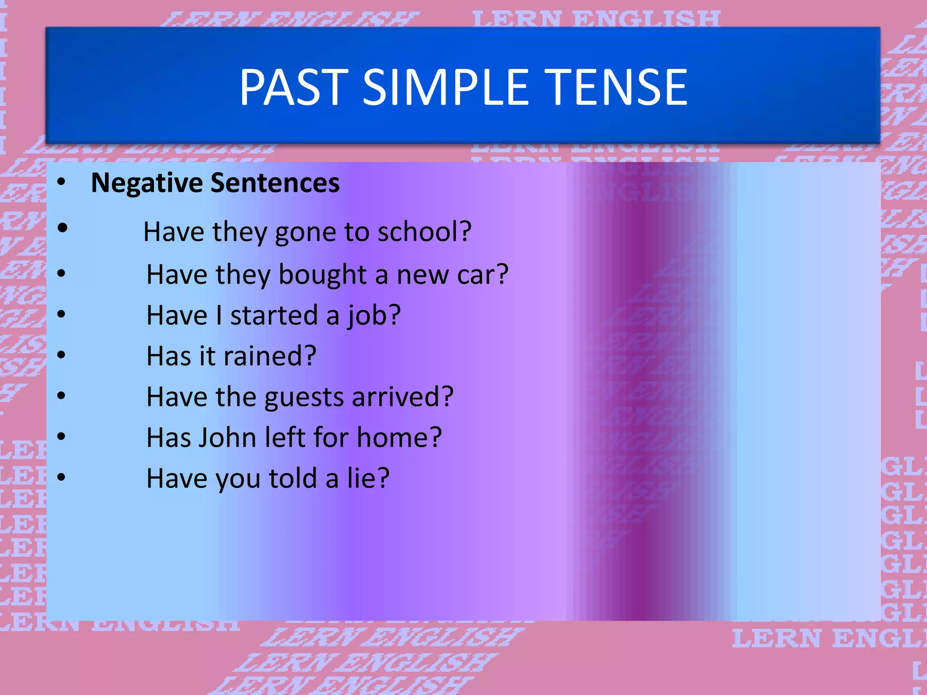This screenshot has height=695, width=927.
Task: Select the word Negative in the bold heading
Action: [x=147, y=183]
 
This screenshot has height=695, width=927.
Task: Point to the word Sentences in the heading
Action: [x=275, y=183]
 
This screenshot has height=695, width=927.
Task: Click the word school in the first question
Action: [x=424, y=232]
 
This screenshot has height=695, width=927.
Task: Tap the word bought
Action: [x=322, y=275]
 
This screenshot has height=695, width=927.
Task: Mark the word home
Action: [x=398, y=438]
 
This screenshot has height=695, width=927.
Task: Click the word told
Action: [x=293, y=478]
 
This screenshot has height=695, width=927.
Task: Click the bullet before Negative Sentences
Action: [x=62, y=182]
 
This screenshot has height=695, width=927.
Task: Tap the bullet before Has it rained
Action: [x=62, y=355]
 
